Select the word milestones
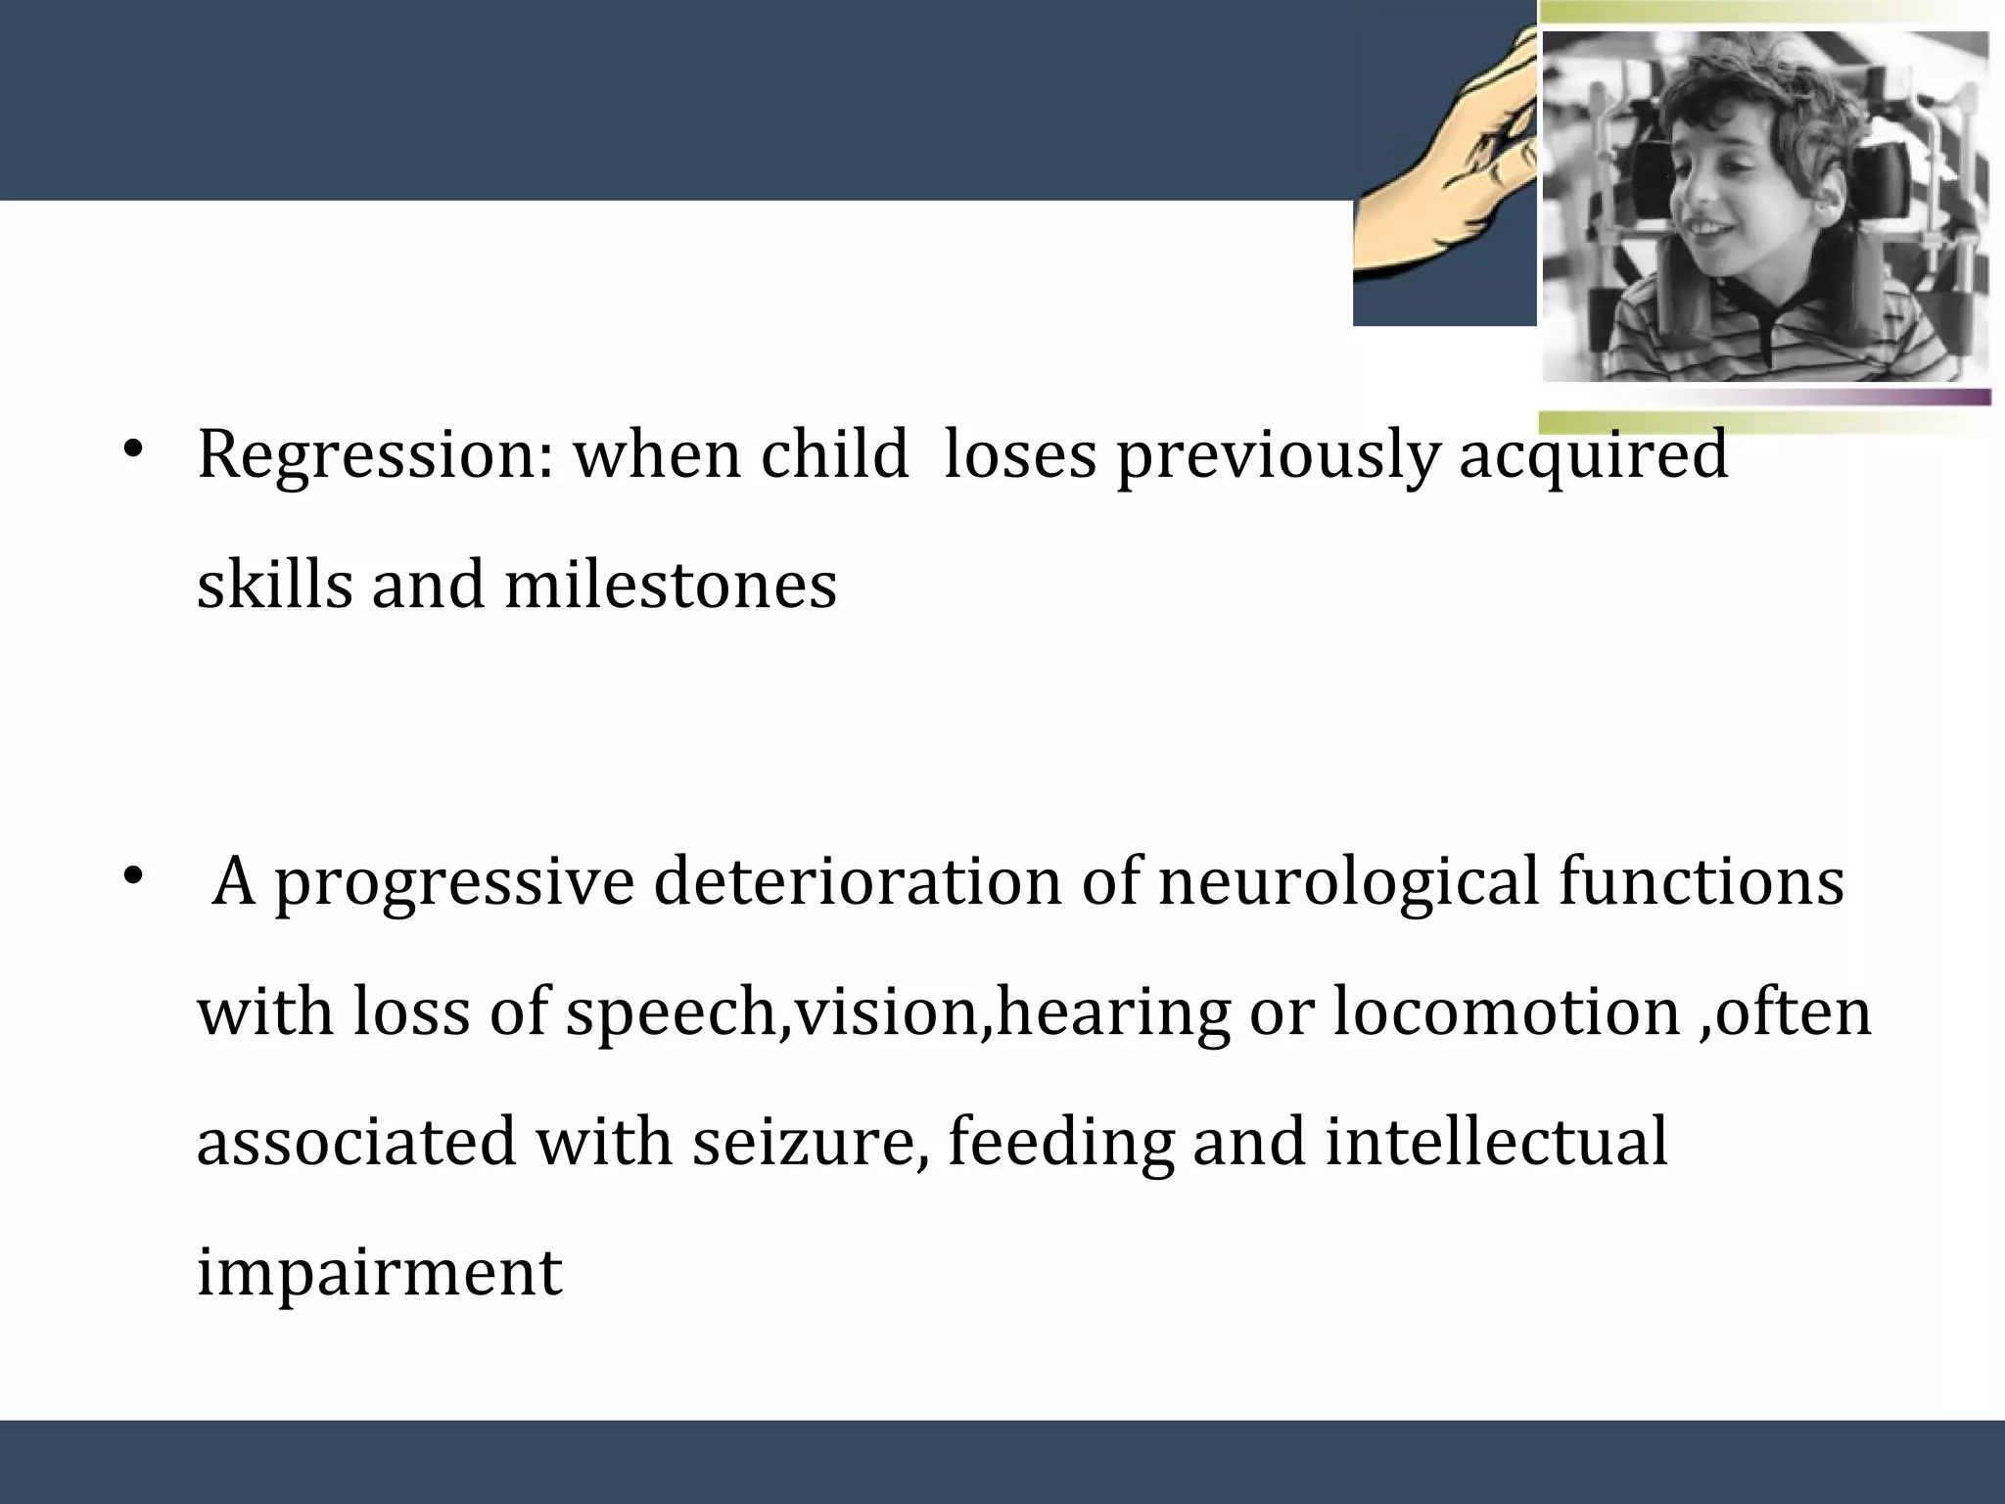pyautogui.click(x=671, y=586)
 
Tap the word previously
pyautogui.click(x=1278, y=456)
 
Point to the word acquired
pyautogui.click(x=1593, y=456)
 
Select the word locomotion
pyautogui.click(x=1505, y=1011)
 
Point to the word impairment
pyautogui.click(x=380, y=1272)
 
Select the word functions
pyautogui.click(x=1701, y=881)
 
